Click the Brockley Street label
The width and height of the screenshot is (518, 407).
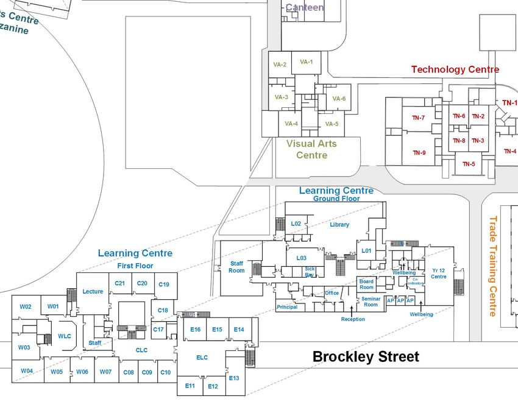pyautogui.click(x=366, y=356)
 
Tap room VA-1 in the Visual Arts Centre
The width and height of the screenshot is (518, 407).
pyautogui.click(x=306, y=62)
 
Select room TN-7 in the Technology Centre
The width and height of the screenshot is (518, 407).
pyautogui.click(x=419, y=118)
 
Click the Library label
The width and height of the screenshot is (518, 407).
pyautogui.click(x=339, y=225)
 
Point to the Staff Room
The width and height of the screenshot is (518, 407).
pyautogui.click(x=236, y=267)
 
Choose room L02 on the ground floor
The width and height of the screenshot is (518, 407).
pyautogui.click(x=296, y=224)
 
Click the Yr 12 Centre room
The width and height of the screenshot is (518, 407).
pyautogui.click(x=439, y=273)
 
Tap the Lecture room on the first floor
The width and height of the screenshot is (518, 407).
pyautogui.click(x=93, y=292)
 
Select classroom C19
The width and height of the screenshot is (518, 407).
pyautogui.click(x=164, y=285)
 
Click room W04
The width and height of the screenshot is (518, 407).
pyautogui.click(x=27, y=371)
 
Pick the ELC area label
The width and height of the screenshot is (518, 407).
pyautogui.click(x=202, y=357)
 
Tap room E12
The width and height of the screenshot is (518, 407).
pyautogui.click(x=213, y=386)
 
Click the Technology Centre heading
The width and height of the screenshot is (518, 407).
pyautogui.click(x=455, y=69)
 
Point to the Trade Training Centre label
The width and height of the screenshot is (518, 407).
pyautogui.click(x=492, y=266)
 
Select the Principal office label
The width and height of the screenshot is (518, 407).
pyautogui.click(x=287, y=307)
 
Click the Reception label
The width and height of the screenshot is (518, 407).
pyautogui.click(x=353, y=319)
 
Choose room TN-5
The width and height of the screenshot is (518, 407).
pyautogui.click(x=469, y=164)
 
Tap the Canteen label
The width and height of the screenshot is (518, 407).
pyautogui.click(x=305, y=8)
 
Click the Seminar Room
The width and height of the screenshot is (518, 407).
pyautogui.click(x=371, y=301)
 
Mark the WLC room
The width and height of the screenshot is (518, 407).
pyautogui.click(x=65, y=336)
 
